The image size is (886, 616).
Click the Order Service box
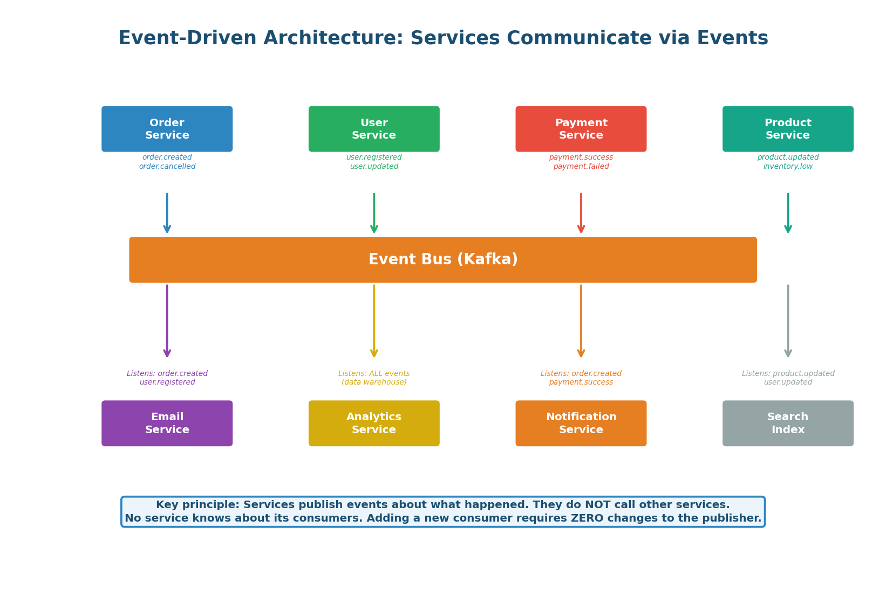tap(167, 129)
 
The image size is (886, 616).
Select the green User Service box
tap(374, 129)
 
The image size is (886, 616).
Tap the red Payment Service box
tap(581, 129)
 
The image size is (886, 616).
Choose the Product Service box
tap(787, 129)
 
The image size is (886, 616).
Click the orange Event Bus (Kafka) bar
tap(442, 259)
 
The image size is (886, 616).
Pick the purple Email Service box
tap(167, 423)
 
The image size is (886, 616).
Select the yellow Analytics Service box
tap(374, 423)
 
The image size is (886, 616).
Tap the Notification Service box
tap(581, 423)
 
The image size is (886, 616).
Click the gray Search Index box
tap(787, 423)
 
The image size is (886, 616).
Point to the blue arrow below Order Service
tap(167, 213)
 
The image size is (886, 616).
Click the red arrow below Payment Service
tap(581, 213)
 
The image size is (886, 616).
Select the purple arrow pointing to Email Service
tap(167, 321)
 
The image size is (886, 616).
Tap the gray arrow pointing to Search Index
tap(788, 321)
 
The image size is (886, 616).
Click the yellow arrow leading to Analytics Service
tap(374, 321)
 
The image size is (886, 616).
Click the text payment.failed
tap(581, 167)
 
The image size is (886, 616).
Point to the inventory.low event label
tap(787, 167)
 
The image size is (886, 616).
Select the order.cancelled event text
tap(167, 167)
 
